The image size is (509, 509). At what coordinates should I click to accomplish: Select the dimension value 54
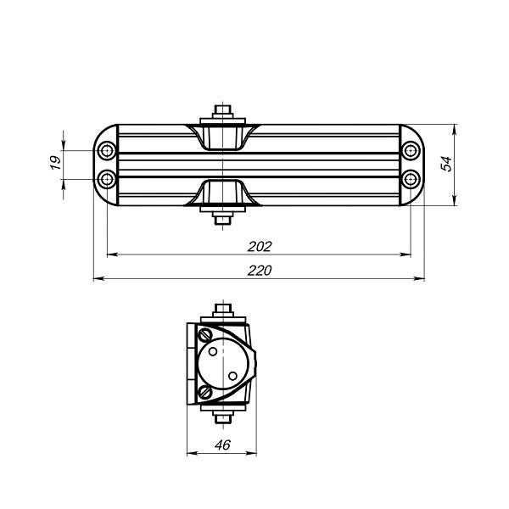446,165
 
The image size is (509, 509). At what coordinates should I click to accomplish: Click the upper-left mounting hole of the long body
107,152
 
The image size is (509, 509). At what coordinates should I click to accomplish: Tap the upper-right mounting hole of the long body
411,152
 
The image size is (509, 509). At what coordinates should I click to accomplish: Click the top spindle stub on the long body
222,111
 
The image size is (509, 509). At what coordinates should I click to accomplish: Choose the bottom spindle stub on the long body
222,219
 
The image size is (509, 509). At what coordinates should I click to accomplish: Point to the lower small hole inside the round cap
232,374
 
